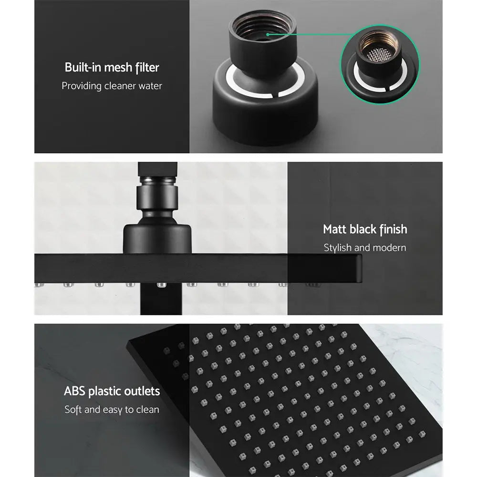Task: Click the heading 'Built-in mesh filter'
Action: click(112, 67)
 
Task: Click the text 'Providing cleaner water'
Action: click(112, 86)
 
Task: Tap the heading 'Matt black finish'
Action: click(365, 229)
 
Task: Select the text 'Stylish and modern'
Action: click(365, 248)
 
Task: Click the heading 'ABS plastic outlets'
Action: click(112, 392)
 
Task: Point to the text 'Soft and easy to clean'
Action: click(112, 410)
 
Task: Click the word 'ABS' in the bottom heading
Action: click(75, 392)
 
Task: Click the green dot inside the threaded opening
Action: click(269, 34)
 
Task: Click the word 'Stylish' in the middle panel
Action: click(338, 248)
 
